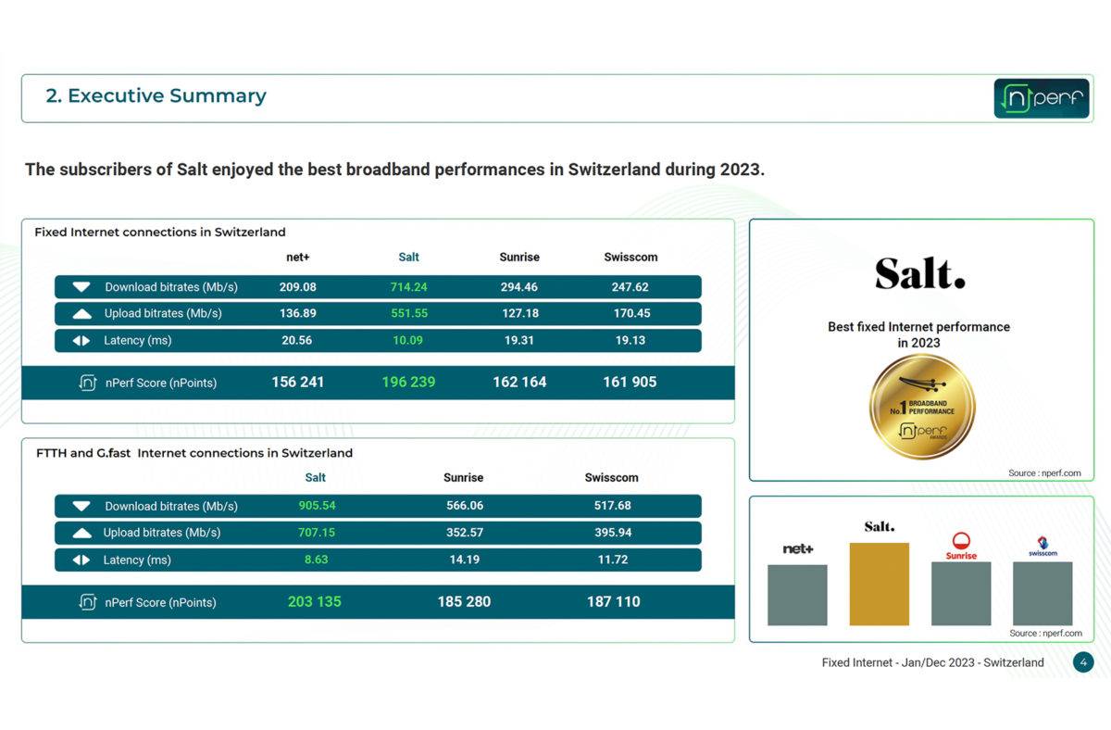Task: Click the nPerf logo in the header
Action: [x=1041, y=98]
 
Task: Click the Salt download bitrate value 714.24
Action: [x=408, y=287]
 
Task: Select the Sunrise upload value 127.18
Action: [x=519, y=313]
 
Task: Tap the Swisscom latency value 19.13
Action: [x=630, y=340]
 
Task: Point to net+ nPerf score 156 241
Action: [x=297, y=382]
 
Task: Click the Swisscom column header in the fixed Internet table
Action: [x=630, y=257]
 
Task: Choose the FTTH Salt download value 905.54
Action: [x=317, y=506]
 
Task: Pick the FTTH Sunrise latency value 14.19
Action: [x=464, y=560]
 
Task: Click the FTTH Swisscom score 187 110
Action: [x=614, y=601]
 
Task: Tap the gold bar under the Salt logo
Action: [x=879, y=584]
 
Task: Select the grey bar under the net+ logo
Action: [x=797, y=595]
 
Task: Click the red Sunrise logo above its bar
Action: [x=961, y=546]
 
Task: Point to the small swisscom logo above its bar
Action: [x=1042, y=547]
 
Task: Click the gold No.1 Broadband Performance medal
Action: [x=922, y=407]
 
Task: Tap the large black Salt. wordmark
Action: [x=920, y=273]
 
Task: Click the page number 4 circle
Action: [x=1083, y=662]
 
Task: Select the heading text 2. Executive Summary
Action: [x=156, y=95]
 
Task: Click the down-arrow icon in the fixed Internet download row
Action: [x=81, y=287]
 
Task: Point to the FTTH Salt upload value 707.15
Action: [x=317, y=533]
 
